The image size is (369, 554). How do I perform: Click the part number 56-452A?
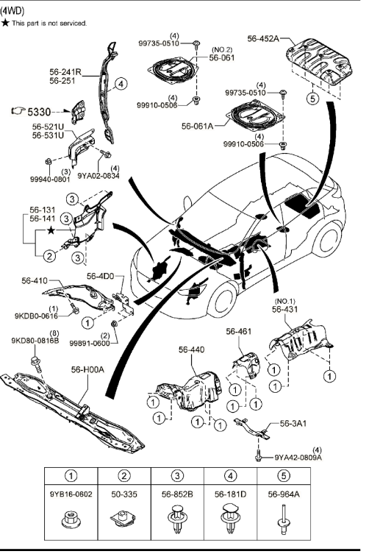click(263, 38)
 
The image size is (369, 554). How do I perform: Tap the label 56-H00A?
click(87, 369)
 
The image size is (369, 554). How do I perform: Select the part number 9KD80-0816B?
click(35, 341)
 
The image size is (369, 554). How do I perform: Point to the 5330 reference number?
click(39, 112)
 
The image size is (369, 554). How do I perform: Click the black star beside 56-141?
click(51, 231)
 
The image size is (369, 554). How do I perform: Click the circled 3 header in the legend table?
click(177, 475)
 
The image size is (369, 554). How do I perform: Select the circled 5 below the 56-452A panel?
click(312, 99)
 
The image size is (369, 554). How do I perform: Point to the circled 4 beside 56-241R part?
click(121, 84)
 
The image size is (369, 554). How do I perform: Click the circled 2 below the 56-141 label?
click(49, 255)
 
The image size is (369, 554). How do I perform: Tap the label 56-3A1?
click(293, 423)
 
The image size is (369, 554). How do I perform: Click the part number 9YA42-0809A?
click(298, 457)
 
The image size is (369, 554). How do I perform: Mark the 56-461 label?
click(239, 331)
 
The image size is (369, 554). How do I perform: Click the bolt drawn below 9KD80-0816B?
click(36, 364)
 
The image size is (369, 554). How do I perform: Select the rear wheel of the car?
click(326, 239)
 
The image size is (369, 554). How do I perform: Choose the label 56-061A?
click(198, 126)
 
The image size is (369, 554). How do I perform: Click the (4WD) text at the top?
click(12, 11)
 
